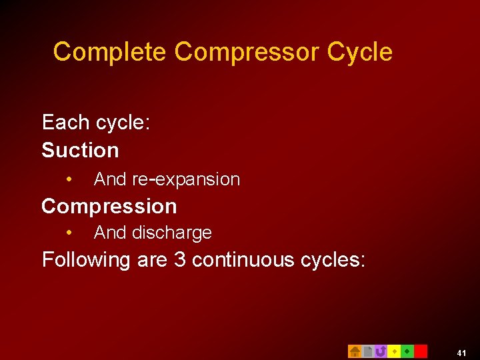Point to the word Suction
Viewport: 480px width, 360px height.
click(80, 151)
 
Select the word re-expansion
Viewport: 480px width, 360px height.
click(186, 179)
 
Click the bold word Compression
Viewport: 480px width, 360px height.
click(109, 207)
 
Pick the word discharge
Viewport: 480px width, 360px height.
click(172, 233)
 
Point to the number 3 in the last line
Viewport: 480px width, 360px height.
click(179, 260)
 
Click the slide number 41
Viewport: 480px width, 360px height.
click(462, 353)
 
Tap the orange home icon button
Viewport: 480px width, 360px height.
click(355, 351)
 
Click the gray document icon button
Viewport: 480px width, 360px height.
click(367, 351)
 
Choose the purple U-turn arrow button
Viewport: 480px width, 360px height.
click(381, 351)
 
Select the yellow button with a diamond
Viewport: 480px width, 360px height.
click(394, 351)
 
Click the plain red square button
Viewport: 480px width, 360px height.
click(421, 351)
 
